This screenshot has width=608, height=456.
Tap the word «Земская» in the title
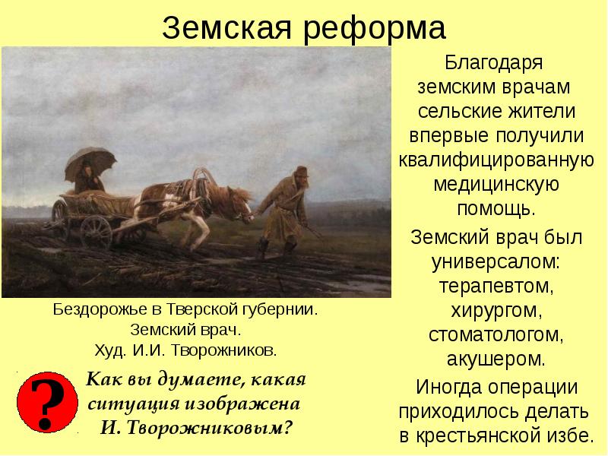(230, 29)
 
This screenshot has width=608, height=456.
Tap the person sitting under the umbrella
(91, 179)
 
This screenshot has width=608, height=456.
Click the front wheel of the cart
(96, 231)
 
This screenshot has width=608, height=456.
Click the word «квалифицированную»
(495, 161)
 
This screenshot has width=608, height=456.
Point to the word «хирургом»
(495, 312)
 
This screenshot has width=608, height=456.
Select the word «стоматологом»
(495, 334)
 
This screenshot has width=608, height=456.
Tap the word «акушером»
(495, 357)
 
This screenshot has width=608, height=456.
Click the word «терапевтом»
(495, 287)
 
